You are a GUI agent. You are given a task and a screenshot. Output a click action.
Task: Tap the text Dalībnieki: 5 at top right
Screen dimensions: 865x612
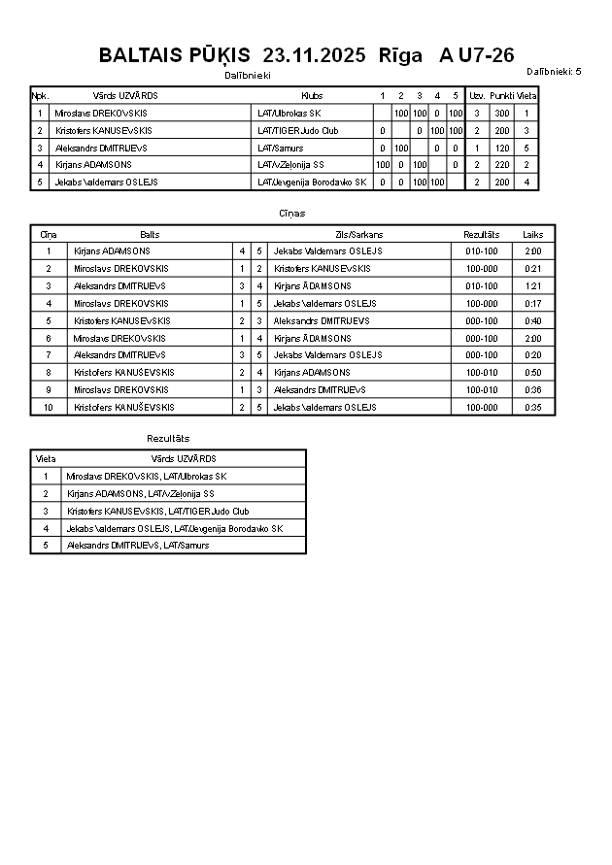(554, 72)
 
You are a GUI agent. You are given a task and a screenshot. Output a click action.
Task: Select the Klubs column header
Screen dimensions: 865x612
(312, 96)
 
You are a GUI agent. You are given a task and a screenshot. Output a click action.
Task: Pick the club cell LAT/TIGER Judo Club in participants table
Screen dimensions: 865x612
(297, 130)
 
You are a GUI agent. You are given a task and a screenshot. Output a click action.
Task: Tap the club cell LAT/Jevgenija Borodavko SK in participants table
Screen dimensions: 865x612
(311, 182)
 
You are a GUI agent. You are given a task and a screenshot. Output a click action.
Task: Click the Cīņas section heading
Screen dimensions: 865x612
(291, 214)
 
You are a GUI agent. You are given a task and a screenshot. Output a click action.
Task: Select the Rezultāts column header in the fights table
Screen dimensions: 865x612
(481, 234)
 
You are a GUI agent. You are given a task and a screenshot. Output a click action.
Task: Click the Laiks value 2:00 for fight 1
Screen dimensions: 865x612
(532, 251)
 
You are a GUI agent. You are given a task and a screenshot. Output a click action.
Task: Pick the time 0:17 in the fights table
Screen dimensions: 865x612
(532, 304)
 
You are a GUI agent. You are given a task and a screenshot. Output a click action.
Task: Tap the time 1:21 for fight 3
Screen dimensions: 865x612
(532, 286)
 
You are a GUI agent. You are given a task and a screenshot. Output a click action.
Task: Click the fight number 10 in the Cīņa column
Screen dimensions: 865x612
(48, 408)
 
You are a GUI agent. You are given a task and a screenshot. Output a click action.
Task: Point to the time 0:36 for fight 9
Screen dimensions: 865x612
(532, 390)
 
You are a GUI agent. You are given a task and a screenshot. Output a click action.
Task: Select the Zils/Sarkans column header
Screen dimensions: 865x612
(358, 234)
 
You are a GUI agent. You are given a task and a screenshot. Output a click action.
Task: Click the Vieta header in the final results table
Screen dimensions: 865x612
(46, 459)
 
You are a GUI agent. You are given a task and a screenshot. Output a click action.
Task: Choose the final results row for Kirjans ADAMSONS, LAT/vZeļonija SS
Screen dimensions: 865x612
(140, 494)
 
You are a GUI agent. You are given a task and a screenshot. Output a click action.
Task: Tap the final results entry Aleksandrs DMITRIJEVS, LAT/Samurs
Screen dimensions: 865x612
(137, 546)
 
